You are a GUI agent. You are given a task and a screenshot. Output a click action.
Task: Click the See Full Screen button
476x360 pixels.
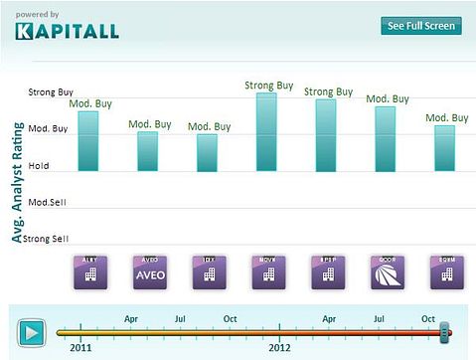[x=421, y=26]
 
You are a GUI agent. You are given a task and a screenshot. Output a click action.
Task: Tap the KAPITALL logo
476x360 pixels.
[x=67, y=31]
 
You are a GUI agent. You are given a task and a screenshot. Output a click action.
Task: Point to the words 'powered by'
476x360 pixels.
[x=38, y=14]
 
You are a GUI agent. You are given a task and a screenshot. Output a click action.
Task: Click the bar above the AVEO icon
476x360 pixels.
[x=147, y=151]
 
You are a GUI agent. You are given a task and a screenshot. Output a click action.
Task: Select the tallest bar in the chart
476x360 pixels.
[x=266, y=131]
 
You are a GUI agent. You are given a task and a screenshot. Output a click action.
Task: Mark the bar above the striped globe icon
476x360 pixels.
[x=385, y=138]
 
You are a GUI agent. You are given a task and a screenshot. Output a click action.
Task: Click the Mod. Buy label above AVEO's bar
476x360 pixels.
[x=148, y=124]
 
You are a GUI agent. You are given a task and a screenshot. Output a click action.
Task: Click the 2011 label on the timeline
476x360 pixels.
[x=82, y=348]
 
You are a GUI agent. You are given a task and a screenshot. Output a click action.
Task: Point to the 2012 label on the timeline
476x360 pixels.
[x=280, y=348]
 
